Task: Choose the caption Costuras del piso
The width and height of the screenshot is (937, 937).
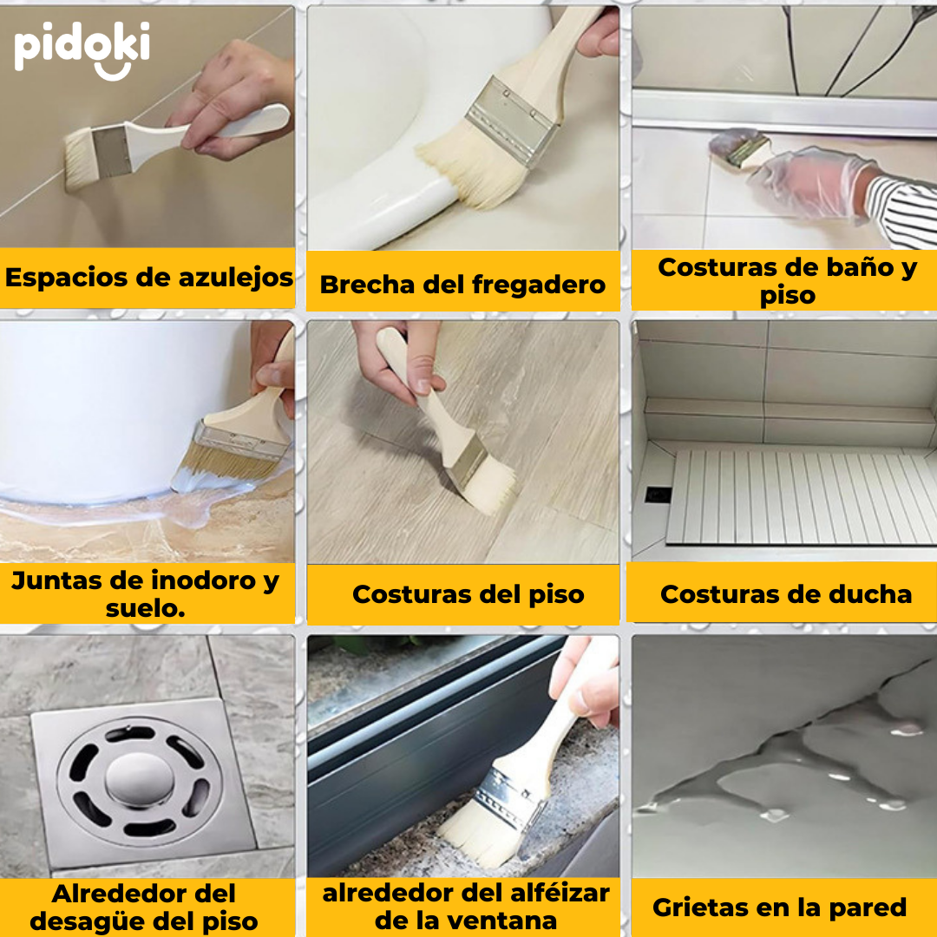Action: [468, 594]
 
